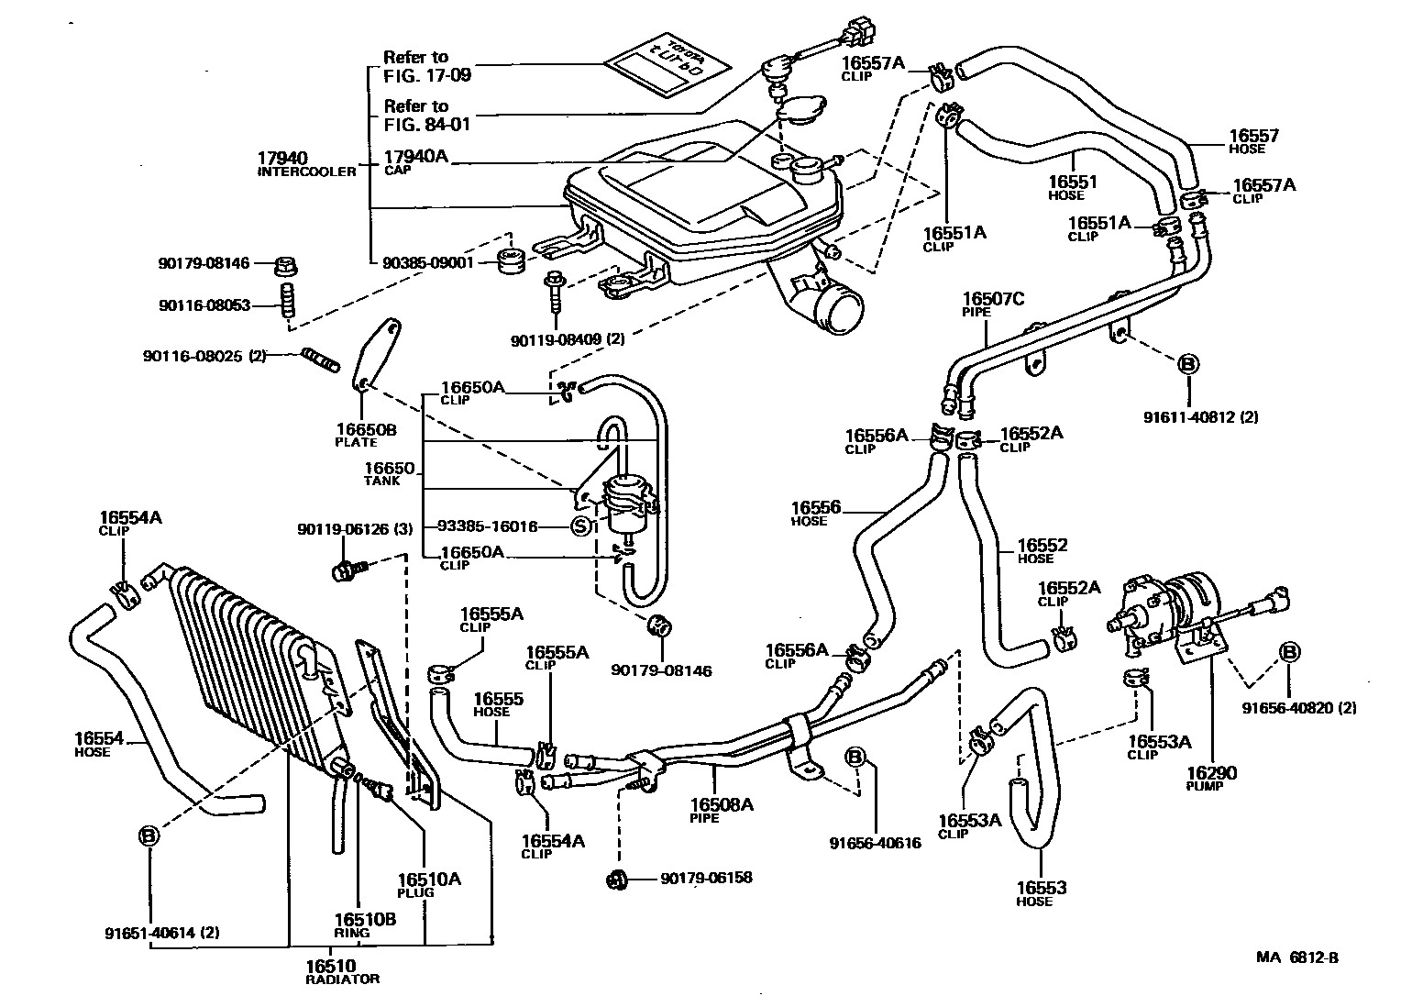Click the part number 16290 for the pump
tap(1210, 773)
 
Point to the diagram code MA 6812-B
tap(1296, 957)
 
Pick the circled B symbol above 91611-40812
tap(1187, 364)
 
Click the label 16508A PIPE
tap(722, 805)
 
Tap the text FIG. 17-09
tap(427, 75)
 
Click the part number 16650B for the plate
tap(365, 428)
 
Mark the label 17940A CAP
tap(415, 158)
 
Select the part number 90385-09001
tap(426, 260)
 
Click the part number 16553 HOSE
tap(1041, 889)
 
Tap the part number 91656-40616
tap(875, 843)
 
